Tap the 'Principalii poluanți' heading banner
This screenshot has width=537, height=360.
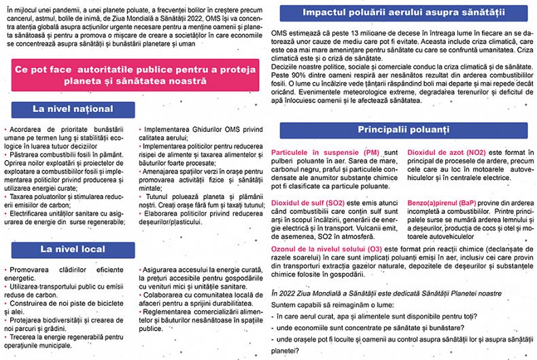click(404, 129)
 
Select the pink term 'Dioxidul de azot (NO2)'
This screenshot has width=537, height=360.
click(447, 153)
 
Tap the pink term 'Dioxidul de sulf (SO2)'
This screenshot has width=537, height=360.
click(307, 202)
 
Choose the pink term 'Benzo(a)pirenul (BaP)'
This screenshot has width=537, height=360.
click(446, 202)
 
